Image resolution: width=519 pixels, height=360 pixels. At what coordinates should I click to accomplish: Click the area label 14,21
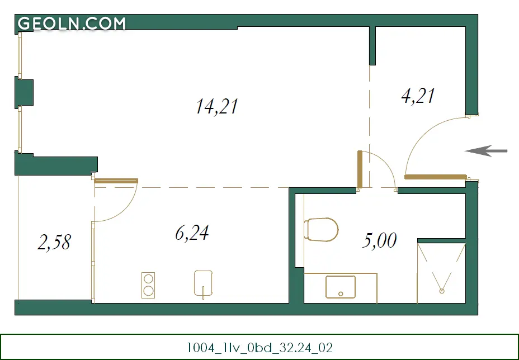click(x=217, y=107)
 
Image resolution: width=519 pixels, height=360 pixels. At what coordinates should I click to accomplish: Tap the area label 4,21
click(x=418, y=96)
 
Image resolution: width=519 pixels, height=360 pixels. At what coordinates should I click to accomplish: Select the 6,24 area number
click(x=192, y=233)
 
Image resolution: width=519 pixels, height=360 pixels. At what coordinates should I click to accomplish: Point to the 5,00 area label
click(x=379, y=240)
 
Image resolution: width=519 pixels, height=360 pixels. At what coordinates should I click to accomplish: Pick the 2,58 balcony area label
click(x=54, y=242)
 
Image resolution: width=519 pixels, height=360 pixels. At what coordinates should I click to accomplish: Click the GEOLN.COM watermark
click(x=72, y=23)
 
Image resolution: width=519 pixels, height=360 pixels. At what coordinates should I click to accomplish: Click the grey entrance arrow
click(x=486, y=151)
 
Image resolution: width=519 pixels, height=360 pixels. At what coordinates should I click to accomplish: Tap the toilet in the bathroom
click(x=321, y=229)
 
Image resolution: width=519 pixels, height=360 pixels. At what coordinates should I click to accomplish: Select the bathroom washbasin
click(x=341, y=287)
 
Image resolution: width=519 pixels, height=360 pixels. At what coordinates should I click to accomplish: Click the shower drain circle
click(x=442, y=291)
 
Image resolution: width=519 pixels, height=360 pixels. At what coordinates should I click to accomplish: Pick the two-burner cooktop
click(x=148, y=285)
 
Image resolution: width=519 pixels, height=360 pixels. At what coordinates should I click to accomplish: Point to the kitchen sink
click(x=203, y=283)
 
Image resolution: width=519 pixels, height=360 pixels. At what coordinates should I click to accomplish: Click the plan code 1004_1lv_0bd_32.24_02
click(x=259, y=348)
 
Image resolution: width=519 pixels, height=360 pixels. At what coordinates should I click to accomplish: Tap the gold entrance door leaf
click(x=435, y=177)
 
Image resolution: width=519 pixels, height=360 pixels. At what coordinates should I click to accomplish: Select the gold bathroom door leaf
click(x=360, y=170)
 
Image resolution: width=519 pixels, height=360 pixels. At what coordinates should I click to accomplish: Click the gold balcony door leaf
click(x=116, y=181)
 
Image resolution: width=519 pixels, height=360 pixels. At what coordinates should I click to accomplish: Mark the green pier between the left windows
click(x=24, y=93)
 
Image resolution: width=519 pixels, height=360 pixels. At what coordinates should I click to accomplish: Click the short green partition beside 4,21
click(x=372, y=46)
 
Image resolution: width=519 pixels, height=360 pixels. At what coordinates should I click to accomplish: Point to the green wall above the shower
click(x=442, y=240)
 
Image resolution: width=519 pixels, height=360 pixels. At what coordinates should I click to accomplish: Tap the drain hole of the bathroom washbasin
click(x=341, y=294)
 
